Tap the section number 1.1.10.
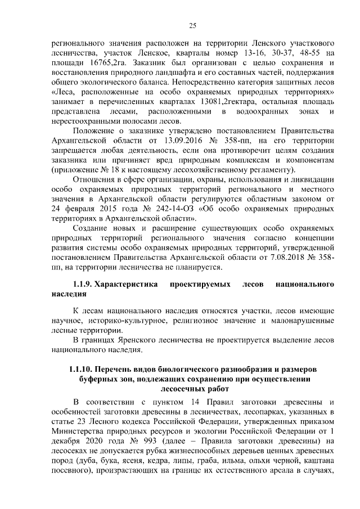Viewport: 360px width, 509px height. click(81, 369)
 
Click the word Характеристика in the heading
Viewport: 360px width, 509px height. click(126, 285)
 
